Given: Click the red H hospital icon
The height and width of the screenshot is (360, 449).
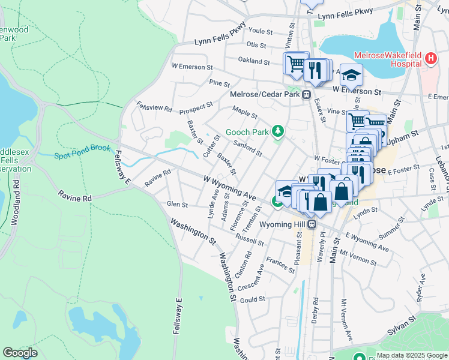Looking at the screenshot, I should (430, 59).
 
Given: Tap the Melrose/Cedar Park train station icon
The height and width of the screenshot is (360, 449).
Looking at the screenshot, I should (306, 94).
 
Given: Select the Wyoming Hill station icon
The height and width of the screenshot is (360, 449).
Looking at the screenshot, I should (312, 224).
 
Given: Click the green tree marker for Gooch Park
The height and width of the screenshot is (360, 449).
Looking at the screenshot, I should (277, 130).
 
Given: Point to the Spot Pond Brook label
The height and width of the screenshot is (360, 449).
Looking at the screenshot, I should (83, 156).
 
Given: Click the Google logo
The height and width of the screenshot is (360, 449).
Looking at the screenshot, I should (20, 353).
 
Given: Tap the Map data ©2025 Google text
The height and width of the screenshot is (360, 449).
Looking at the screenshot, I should (411, 355).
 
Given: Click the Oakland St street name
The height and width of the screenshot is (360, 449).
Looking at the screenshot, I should (254, 61).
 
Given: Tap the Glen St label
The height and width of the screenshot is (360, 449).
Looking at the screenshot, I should (177, 205).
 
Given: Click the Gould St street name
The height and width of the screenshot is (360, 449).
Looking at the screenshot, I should (252, 299).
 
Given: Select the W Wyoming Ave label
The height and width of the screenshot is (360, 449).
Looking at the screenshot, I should (229, 188).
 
